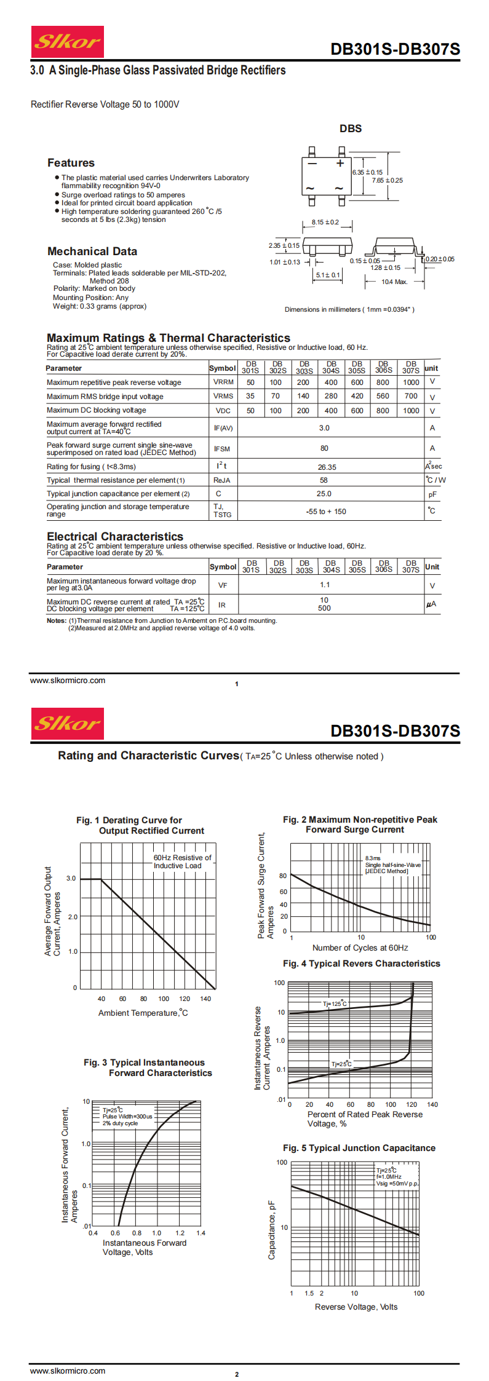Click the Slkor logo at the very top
[x=67, y=42]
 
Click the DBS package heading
[x=351, y=129]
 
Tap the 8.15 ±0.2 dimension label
[x=325, y=222]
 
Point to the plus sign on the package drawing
[x=340, y=164]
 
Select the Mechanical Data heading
[x=92, y=251]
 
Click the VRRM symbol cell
[x=223, y=382]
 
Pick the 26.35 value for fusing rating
[x=327, y=467]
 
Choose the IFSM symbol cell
[x=222, y=449]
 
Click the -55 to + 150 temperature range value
[x=326, y=512]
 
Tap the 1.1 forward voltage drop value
[x=325, y=585]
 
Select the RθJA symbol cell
[x=222, y=480]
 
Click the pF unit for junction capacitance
[x=432, y=494]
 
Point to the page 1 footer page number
[x=237, y=684]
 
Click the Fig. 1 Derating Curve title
[x=140, y=825]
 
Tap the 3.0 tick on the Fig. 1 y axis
[x=71, y=878]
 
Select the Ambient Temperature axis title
[x=143, y=1013]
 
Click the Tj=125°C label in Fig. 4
[x=335, y=1004]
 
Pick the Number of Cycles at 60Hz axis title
[x=360, y=948]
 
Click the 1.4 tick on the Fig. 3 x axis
[x=201, y=1233]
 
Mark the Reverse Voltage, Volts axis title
[x=356, y=1307]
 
